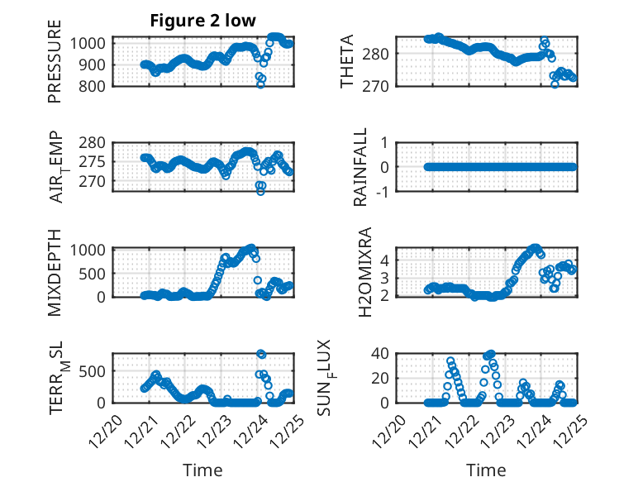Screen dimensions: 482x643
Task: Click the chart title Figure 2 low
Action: pyautogui.click(x=202, y=21)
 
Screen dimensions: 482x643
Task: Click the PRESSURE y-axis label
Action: pyautogui.click(x=55, y=67)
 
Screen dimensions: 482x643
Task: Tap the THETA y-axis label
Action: pyautogui.click(x=347, y=61)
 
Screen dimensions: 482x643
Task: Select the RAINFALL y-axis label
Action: pyautogui.click(x=360, y=166)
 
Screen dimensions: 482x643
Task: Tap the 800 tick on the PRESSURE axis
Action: pyautogui.click(x=93, y=86)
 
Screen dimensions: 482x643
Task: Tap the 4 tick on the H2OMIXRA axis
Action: pyautogui.click(x=384, y=260)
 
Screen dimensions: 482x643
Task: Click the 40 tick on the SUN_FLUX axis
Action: pyautogui.click(x=380, y=354)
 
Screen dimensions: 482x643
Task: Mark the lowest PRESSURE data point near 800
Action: pyautogui.click(x=260, y=84)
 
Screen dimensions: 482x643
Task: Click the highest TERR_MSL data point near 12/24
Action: pyautogui.click(x=261, y=354)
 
